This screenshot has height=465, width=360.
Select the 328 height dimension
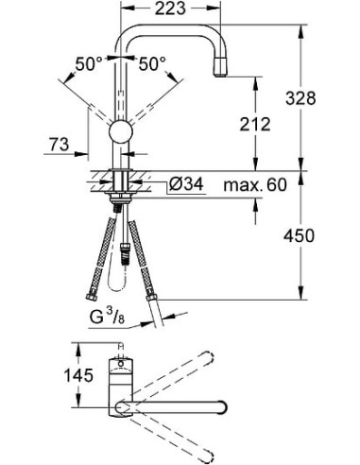[322, 97]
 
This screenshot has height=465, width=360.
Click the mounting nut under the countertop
[120, 199]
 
